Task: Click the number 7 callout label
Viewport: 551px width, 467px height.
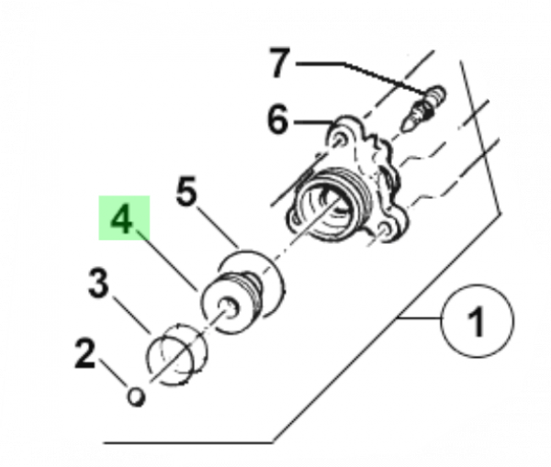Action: coord(280,62)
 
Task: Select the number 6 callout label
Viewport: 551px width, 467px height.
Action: coord(277,119)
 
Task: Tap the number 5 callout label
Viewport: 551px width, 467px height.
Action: coord(186,192)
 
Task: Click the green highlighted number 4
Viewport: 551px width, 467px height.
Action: coord(122,219)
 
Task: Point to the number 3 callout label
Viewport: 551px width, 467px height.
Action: coord(98,283)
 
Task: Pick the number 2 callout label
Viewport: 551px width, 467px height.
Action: coord(85,353)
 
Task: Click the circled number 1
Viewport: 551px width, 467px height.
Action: coord(478,321)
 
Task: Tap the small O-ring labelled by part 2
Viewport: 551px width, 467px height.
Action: coord(136,397)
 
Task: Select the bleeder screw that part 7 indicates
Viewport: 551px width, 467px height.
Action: coord(423,108)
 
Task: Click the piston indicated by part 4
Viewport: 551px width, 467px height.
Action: coord(232,303)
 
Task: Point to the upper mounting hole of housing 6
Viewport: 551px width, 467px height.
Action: coord(338,140)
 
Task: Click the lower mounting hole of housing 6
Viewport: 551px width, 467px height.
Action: coord(384,230)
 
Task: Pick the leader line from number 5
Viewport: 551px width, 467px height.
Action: coord(218,228)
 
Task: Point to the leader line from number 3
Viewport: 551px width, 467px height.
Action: coord(131,316)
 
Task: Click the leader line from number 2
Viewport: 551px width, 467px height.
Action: coord(114,373)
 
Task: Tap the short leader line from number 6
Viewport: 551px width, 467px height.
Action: coord(313,122)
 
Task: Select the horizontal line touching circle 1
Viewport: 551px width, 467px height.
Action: coord(420,318)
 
